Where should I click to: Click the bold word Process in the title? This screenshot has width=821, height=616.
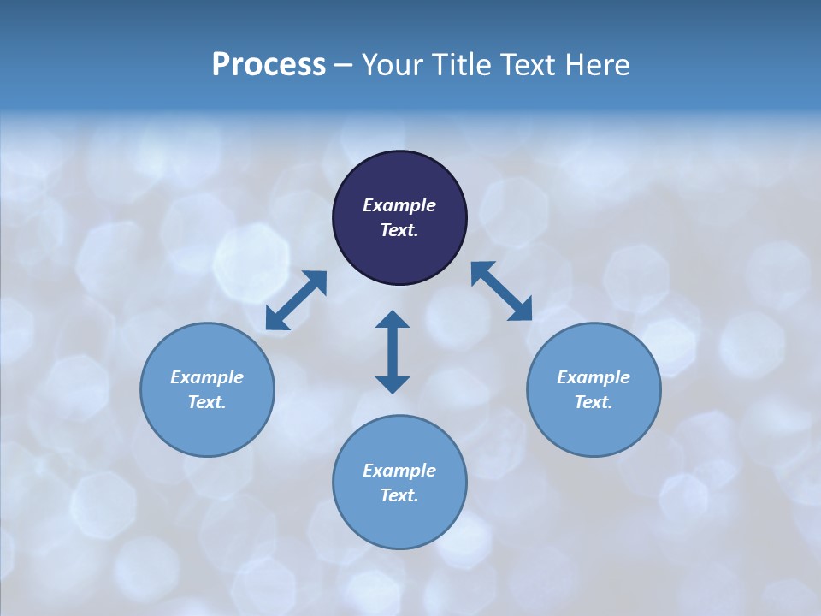point(269,65)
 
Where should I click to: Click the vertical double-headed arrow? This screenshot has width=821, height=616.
point(393,352)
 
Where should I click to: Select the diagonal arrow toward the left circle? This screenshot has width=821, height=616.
point(296,300)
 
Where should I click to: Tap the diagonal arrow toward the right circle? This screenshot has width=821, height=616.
point(501,291)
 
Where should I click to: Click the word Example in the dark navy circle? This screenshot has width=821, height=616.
point(399,205)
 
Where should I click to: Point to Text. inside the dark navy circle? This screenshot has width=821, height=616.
point(399,230)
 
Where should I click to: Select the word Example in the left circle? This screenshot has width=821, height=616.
point(207,377)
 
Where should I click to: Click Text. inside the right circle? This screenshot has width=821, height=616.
point(594,402)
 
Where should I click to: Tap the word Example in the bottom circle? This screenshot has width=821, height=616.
point(399,471)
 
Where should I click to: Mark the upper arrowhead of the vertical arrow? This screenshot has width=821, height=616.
point(393,321)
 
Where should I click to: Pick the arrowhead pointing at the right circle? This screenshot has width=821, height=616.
point(520,310)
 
